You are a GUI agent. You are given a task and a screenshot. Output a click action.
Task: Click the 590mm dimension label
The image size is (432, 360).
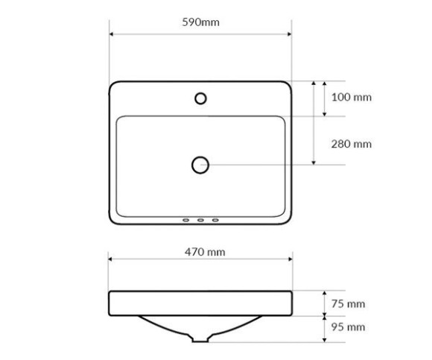point(201,22)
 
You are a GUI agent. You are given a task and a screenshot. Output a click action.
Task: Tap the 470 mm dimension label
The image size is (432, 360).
point(205,252)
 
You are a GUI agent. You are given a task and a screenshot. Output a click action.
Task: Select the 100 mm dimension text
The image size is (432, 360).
point(352,97)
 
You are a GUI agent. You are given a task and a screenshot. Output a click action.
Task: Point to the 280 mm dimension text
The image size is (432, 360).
point(352,144)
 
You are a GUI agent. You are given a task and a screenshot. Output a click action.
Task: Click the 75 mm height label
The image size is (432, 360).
point(349,304)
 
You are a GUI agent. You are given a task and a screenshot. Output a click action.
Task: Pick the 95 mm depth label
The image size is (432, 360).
point(349,327)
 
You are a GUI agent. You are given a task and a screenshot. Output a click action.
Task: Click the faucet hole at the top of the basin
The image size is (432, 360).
point(200,93)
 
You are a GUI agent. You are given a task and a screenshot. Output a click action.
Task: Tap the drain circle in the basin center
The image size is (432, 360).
point(200,157)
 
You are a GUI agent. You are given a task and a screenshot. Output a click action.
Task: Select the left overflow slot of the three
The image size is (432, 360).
point(186,220)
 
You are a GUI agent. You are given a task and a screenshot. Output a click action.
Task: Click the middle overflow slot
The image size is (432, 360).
point(200,220)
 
